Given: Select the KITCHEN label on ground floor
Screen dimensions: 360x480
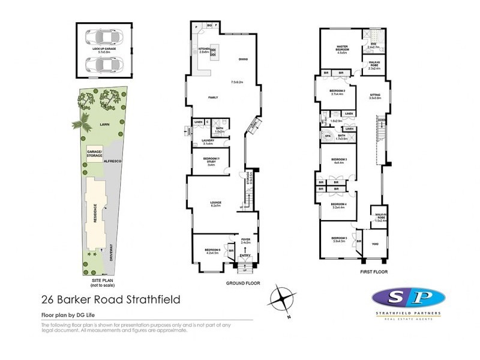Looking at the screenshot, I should (x=203, y=49).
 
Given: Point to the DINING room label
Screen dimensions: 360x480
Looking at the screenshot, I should (x=243, y=59).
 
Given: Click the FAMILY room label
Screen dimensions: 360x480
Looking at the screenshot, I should (x=212, y=97).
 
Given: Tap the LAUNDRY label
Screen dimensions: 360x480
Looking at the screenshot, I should (x=208, y=141).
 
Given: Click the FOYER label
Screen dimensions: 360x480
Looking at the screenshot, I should (x=245, y=238).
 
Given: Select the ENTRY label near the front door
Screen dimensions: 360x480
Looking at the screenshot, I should (x=245, y=256).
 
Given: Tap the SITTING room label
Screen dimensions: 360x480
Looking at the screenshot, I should (x=375, y=94).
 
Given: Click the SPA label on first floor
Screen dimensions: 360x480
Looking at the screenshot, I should (x=328, y=136).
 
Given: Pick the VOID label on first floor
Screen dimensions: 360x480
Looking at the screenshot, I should (x=375, y=244).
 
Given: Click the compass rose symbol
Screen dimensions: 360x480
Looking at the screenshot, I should (x=282, y=298).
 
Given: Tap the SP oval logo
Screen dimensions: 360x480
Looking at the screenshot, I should (x=408, y=298).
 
